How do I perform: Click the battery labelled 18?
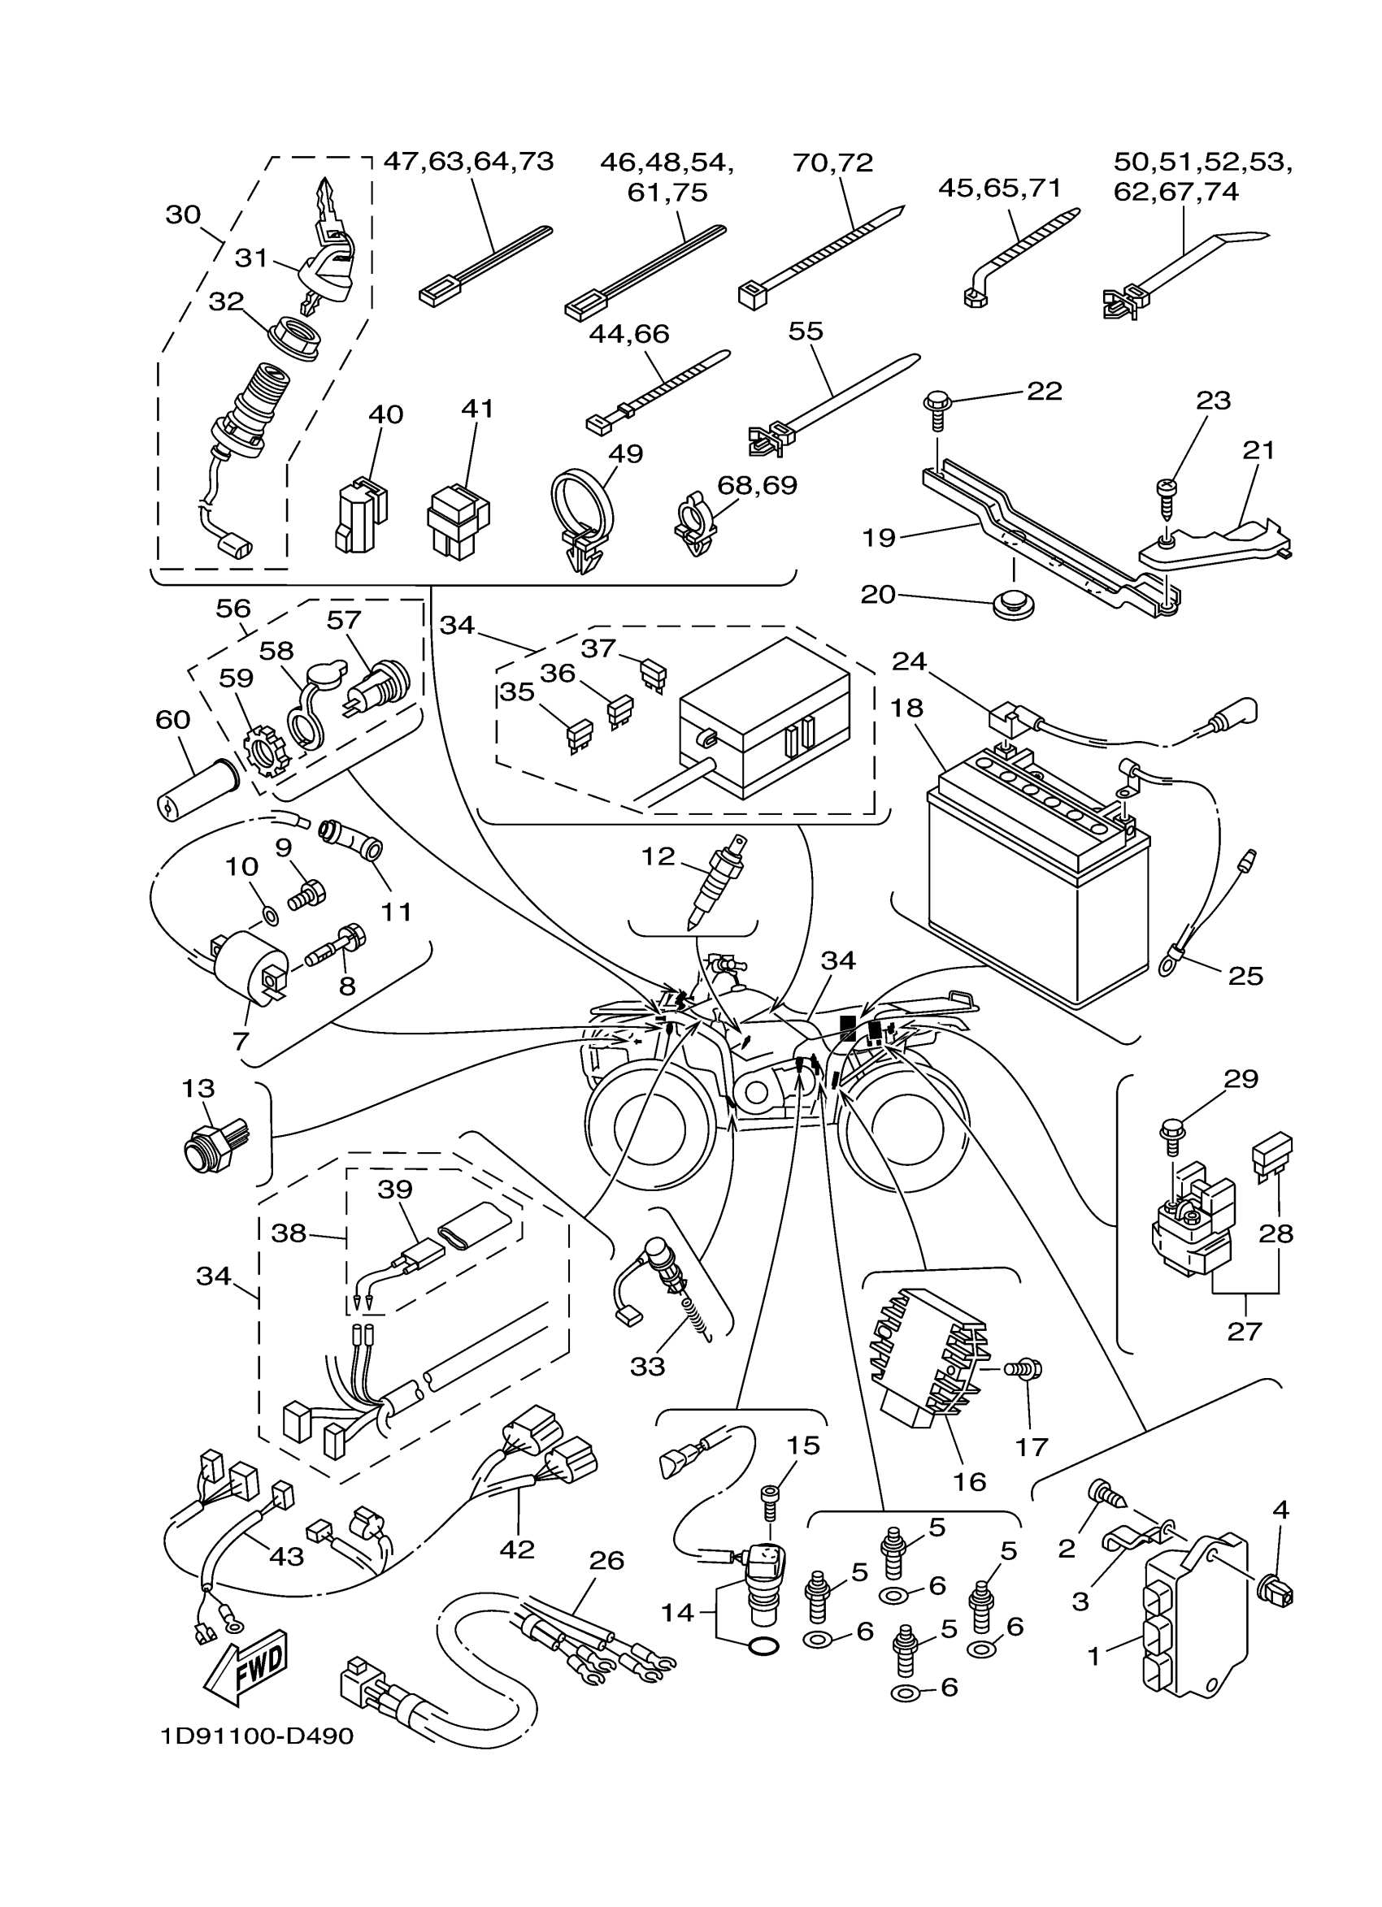coord(1039,874)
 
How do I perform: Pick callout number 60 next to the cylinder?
coord(172,720)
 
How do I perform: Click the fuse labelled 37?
coord(654,674)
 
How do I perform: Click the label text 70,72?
coord(832,163)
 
